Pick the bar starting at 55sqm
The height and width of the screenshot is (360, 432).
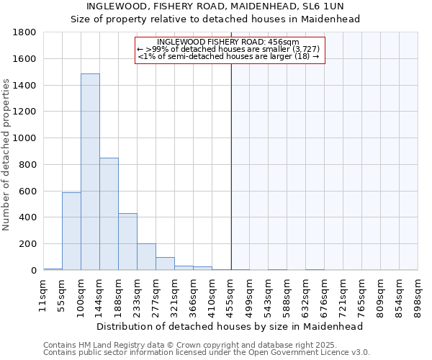click(71, 231)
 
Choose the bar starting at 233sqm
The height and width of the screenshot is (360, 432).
click(146, 256)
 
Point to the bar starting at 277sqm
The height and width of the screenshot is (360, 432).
click(165, 264)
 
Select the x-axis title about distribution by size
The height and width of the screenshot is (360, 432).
click(230, 326)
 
